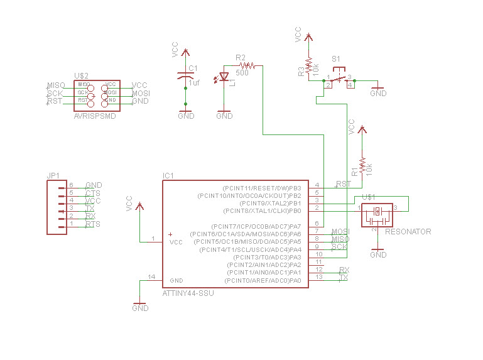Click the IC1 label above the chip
pos(168,175)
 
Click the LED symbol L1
pos(225,77)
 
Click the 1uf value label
pos(194,82)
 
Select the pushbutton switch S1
pos(339,79)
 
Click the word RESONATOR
pos(408,232)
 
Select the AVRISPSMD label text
pos(95,116)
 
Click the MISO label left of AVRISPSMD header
pos(56,85)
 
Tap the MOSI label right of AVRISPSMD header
pos(140,93)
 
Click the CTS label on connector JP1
pos(92,193)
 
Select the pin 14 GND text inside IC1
pos(176,280)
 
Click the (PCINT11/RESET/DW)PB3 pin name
pos(262,188)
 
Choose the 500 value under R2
pos(242,72)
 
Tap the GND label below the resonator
pos(378,255)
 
